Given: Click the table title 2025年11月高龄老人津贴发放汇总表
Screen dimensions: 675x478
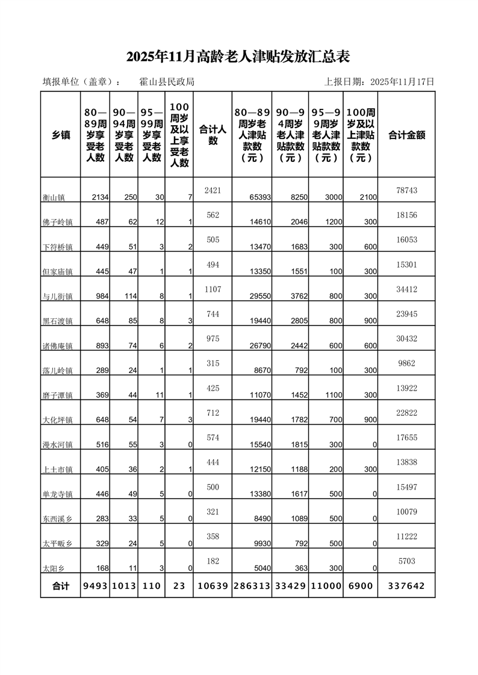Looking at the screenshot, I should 238,57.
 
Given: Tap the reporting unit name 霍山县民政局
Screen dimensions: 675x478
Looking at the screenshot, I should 167,82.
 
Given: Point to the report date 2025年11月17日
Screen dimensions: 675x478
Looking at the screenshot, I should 402,82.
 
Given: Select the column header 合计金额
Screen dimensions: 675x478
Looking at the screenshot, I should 406,135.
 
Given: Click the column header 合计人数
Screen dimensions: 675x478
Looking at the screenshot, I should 213,134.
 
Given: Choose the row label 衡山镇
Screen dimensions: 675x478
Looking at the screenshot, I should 58,197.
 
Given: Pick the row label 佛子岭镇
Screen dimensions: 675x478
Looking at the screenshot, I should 58,222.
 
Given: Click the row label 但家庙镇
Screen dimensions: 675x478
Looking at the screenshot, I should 58,271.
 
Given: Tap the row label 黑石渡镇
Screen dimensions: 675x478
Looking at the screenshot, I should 58,321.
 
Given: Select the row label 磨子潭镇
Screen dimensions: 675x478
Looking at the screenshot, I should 58,395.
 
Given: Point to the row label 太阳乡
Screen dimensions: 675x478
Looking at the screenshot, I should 54,568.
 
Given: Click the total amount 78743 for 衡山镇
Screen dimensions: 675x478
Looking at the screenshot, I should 406,190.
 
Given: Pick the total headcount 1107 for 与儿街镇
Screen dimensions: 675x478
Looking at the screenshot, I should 213,289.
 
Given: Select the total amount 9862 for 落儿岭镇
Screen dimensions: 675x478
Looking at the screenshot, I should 406,363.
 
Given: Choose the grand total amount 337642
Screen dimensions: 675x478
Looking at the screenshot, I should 406,585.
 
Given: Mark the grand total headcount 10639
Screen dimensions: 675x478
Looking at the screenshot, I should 213,585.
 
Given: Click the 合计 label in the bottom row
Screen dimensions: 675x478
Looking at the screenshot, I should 61,585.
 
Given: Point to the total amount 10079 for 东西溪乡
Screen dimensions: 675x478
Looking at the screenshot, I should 406,512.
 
